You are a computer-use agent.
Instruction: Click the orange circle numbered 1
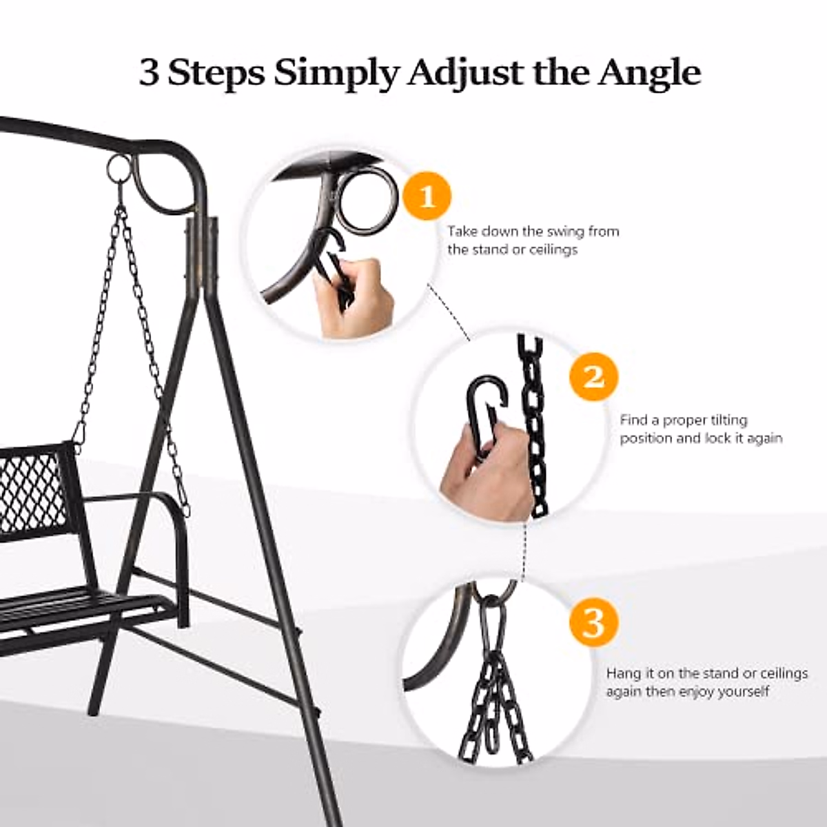click(427, 196)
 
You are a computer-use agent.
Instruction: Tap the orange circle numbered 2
click(593, 376)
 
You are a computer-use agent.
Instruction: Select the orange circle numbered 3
click(593, 622)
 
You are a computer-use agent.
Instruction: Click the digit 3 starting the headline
click(148, 72)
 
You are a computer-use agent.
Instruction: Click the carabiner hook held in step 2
click(485, 410)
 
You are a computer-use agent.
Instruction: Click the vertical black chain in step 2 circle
click(534, 427)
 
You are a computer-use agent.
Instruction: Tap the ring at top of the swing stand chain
click(119, 167)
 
